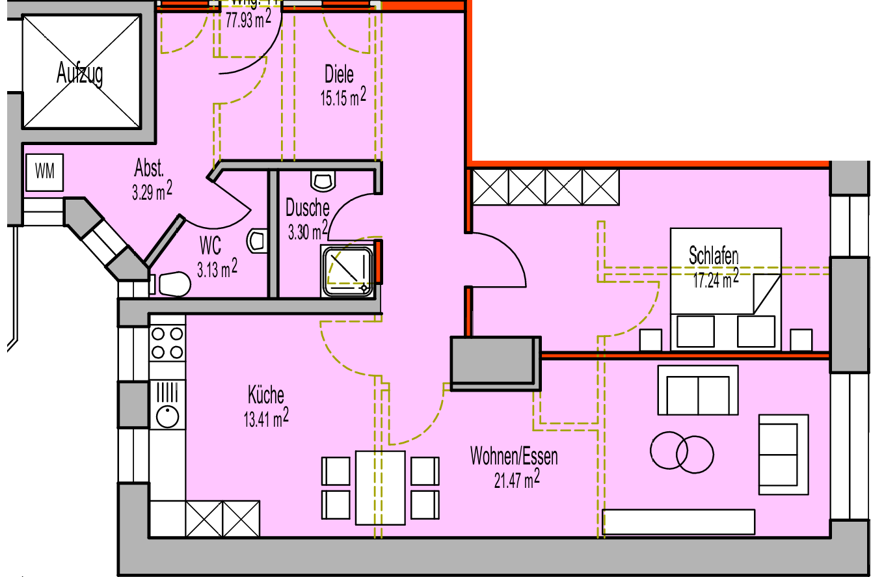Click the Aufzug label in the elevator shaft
(80, 74)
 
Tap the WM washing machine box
(45, 172)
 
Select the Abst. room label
(148, 169)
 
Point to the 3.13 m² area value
(217, 268)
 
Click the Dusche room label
(308, 208)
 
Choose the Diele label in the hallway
(339, 74)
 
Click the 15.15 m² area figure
(342, 98)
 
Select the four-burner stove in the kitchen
(167, 343)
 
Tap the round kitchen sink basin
(168, 415)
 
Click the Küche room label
(265, 395)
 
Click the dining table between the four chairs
(381, 487)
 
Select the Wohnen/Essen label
(514, 457)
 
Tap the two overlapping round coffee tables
(682, 451)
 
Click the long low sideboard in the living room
(679, 522)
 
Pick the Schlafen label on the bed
(714, 256)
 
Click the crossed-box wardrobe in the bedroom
(545, 187)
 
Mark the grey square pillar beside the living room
(496, 363)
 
